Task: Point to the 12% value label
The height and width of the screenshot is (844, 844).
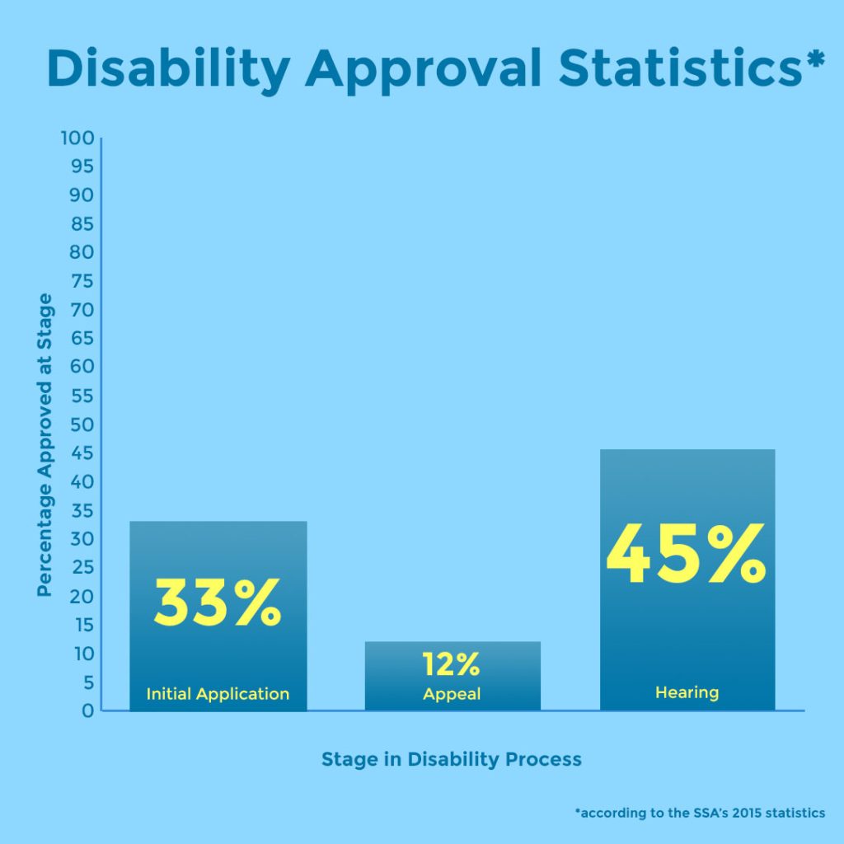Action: point(451,663)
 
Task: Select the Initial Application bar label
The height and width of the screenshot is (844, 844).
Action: point(218,694)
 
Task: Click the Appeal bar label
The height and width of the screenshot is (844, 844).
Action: point(452,695)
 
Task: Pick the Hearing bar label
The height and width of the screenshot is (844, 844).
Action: point(687,692)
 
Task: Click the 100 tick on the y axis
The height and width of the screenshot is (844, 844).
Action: point(77,138)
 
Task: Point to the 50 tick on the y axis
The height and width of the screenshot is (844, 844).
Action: point(81,424)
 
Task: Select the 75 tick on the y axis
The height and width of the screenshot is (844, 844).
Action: point(81,281)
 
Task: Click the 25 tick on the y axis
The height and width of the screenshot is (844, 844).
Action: point(81,567)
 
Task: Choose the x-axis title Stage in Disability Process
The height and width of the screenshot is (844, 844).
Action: point(451,759)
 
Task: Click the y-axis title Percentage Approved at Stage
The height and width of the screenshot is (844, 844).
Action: point(45,445)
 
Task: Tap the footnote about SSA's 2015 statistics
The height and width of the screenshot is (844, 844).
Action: point(700,813)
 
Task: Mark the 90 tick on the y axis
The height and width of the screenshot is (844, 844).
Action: point(81,195)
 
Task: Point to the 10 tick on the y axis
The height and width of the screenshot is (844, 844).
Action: point(81,654)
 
